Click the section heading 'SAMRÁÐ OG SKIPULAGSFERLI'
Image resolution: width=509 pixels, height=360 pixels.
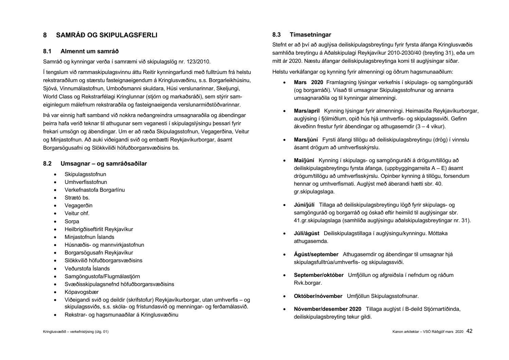[107, 35]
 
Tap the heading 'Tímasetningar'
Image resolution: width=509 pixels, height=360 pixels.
[310, 35]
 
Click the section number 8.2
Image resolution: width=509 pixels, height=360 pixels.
[47, 164]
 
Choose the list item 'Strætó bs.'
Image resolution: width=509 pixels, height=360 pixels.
[77, 198]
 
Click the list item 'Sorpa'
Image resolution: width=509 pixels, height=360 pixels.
[72, 222]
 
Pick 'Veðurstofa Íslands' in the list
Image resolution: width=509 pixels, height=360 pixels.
[87, 269]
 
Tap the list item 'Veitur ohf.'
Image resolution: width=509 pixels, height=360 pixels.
[77, 213]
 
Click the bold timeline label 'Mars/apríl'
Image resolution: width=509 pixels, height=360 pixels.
[307, 111]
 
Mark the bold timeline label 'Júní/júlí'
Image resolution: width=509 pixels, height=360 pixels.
[304, 205]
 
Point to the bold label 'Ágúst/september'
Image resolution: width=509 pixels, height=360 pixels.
[316, 254]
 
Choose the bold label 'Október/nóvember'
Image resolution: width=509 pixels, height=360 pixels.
[318, 296]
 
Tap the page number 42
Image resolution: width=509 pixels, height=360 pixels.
[469, 331]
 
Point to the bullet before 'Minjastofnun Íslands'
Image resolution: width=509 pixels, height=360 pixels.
[55, 237]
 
